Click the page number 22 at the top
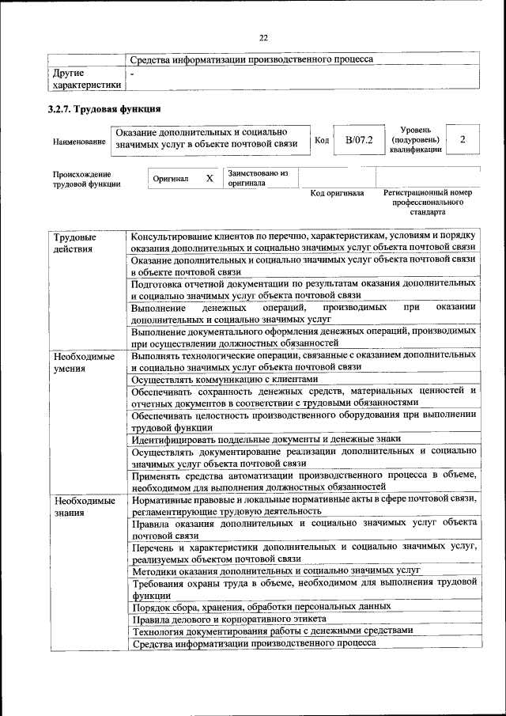pos(263,37)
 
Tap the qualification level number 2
pos(463,140)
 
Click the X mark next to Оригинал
pos(210,179)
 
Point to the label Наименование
pos(79,141)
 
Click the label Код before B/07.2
pos(322,140)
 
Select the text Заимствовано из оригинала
pos(258,178)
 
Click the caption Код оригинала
pos(337,193)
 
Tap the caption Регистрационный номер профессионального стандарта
pos(427,203)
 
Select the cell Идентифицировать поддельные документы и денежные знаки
pos(266,438)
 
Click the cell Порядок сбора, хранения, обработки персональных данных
pos(261,606)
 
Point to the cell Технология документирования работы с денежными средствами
pos(272,631)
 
